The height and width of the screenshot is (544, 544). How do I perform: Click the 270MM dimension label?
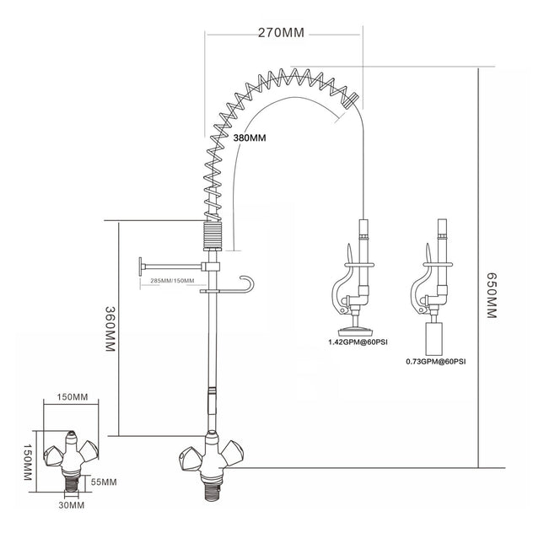[281, 33]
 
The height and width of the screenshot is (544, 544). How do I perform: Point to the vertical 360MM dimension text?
[109, 328]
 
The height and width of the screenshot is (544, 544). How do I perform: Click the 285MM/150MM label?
[172, 280]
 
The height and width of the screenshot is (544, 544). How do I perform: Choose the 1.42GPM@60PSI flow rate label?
[358, 343]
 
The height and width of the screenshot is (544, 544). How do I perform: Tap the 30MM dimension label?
[72, 505]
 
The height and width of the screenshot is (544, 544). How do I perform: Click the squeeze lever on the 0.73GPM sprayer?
[415, 295]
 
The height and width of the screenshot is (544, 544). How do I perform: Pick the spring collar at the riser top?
[213, 234]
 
